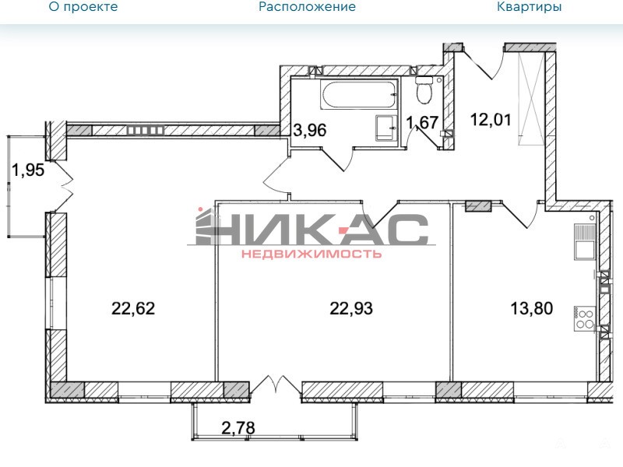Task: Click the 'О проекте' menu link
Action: pos(83,6)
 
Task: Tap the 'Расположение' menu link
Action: pos(307,6)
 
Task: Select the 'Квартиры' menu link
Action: pos(530,6)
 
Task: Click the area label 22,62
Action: pos(133,308)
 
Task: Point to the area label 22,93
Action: pos(351,308)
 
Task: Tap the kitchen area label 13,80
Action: pos(532,308)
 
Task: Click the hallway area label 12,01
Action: pos(491,120)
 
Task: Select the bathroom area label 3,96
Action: pos(309,130)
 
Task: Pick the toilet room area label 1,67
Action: pos(422,123)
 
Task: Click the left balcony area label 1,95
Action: pos(28,170)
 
